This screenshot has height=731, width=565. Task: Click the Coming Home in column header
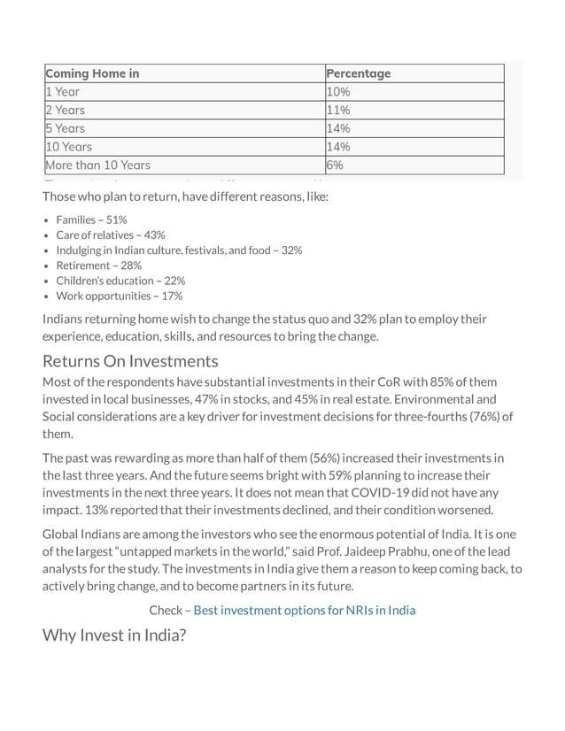pos(92,73)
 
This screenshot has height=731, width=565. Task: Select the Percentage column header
pos(358,73)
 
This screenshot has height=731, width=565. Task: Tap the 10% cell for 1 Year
pos(338,92)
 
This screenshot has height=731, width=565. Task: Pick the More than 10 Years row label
pos(97,165)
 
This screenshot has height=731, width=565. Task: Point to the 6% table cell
pos(335,165)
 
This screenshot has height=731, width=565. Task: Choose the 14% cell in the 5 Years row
pos(338,128)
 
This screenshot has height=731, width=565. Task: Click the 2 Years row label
pos(65,111)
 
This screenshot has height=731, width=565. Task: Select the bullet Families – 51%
pos(91,219)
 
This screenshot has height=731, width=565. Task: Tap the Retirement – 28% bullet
pos(98,265)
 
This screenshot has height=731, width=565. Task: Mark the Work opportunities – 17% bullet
pos(119,296)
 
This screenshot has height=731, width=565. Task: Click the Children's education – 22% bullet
pos(120,281)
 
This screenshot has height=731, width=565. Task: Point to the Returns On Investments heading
pos(130,361)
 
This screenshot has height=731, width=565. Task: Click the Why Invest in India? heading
pos(114,635)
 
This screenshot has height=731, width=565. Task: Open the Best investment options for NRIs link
pos(304,611)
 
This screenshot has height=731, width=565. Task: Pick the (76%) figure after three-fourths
pos(476,417)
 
